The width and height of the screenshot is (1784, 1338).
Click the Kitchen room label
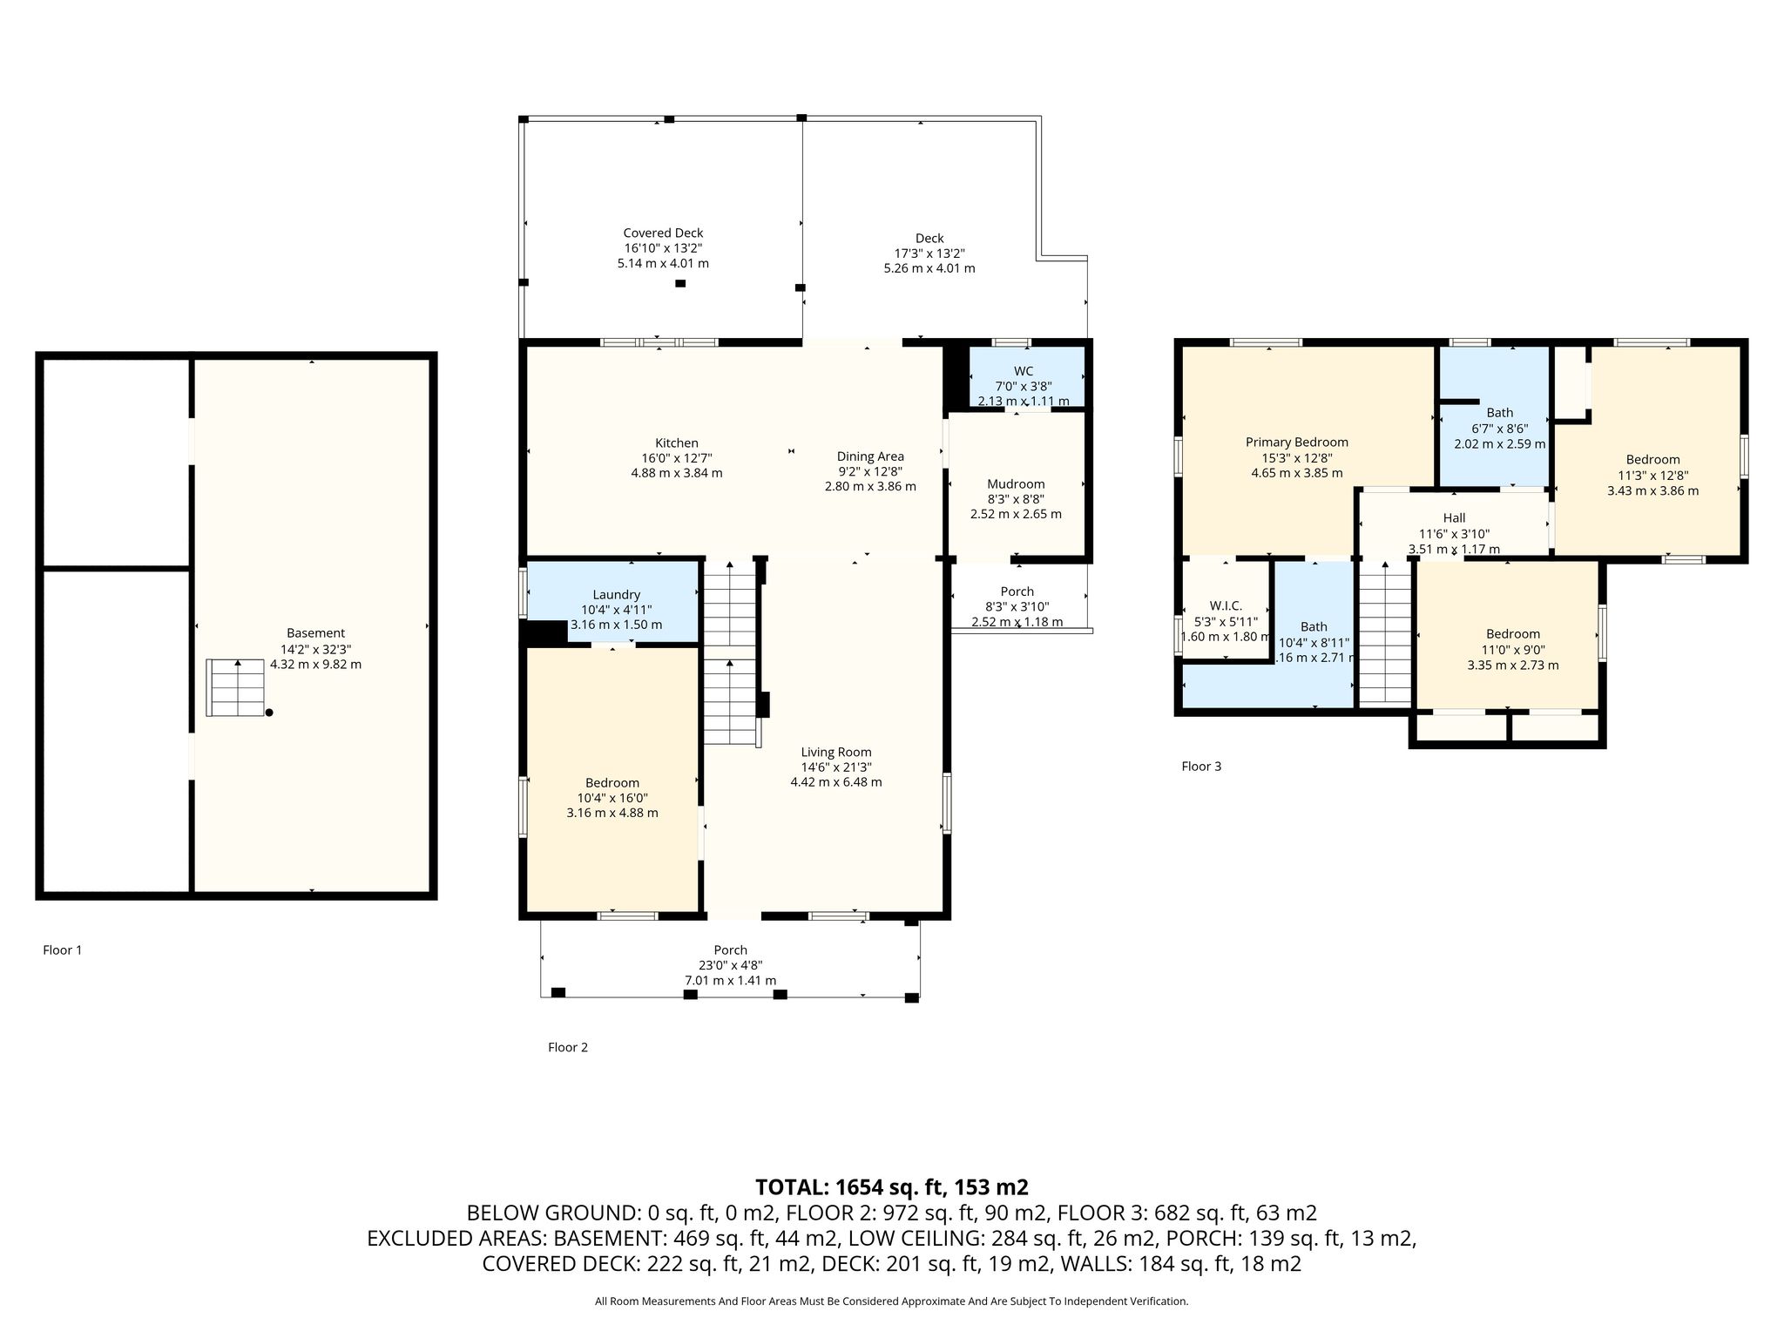click(677, 443)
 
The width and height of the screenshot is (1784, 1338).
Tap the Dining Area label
click(870, 456)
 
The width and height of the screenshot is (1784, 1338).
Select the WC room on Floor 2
click(1027, 376)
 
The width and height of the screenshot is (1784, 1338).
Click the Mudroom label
click(1016, 484)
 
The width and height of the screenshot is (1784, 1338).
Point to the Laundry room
click(615, 602)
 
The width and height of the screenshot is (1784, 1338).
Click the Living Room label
click(836, 753)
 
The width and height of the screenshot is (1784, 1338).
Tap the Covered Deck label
click(663, 233)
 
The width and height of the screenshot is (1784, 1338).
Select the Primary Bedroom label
click(1297, 443)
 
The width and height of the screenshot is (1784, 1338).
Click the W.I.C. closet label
click(1226, 606)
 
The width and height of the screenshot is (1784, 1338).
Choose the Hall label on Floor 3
click(1454, 518)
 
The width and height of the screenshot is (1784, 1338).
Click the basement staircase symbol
click(235, 688)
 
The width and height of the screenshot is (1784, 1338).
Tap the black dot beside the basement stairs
click(269, 713)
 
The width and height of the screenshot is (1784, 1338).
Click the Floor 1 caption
click(63, 950)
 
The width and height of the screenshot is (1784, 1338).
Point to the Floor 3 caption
click(1201, 767)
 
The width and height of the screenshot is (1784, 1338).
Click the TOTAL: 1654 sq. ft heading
click(892, 1187)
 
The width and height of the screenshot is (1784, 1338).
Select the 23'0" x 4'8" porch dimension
click(730, 965)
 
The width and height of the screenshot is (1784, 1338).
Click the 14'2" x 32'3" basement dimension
click(315, 649)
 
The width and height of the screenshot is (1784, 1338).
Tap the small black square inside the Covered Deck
click(680, 283)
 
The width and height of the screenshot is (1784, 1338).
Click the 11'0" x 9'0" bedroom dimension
click(1513, 650)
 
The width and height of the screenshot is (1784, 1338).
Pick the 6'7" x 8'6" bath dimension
click(1500, 429)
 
